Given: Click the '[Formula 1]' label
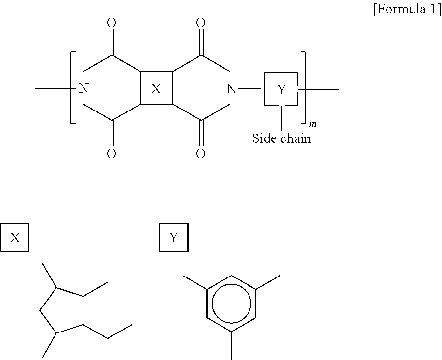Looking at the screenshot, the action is (x=407, y=10).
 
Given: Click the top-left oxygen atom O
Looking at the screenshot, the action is (x=111, y=23).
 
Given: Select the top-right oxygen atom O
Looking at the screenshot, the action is (x=200, y=23).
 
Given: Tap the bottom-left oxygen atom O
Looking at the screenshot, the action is (x=111, y=154).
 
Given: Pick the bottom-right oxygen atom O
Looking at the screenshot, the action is (x=200, y=154).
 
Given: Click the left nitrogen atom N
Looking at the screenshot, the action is (x=84, y=89).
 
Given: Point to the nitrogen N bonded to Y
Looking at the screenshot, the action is (x=231, y=89).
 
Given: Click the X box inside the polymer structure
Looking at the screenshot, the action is (x=156, y=88).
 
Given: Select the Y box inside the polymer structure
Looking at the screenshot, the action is (x=281, y=89).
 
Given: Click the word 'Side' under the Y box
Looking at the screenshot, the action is (x=263, y=138).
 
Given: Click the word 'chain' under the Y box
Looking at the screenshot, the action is (x=296, y=138).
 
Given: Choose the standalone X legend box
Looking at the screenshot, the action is (x=15, y=238).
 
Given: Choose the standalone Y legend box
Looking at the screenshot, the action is (x=174, y=238).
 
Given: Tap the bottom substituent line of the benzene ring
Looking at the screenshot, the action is (x=231, y=345).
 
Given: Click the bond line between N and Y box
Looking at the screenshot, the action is (x=251, y=89).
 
